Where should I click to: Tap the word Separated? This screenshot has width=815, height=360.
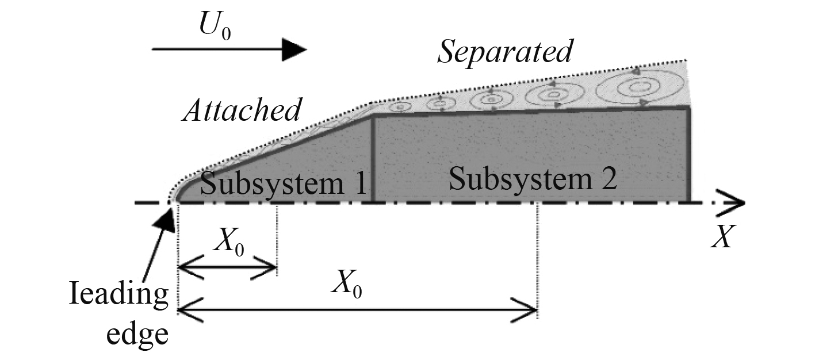(x=505, y=52)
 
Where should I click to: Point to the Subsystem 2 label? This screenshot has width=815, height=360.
(x=533, y=180)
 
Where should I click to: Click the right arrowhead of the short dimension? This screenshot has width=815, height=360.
(x=270, y=268)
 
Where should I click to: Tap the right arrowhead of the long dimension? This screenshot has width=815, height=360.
(x=530, y=311)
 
